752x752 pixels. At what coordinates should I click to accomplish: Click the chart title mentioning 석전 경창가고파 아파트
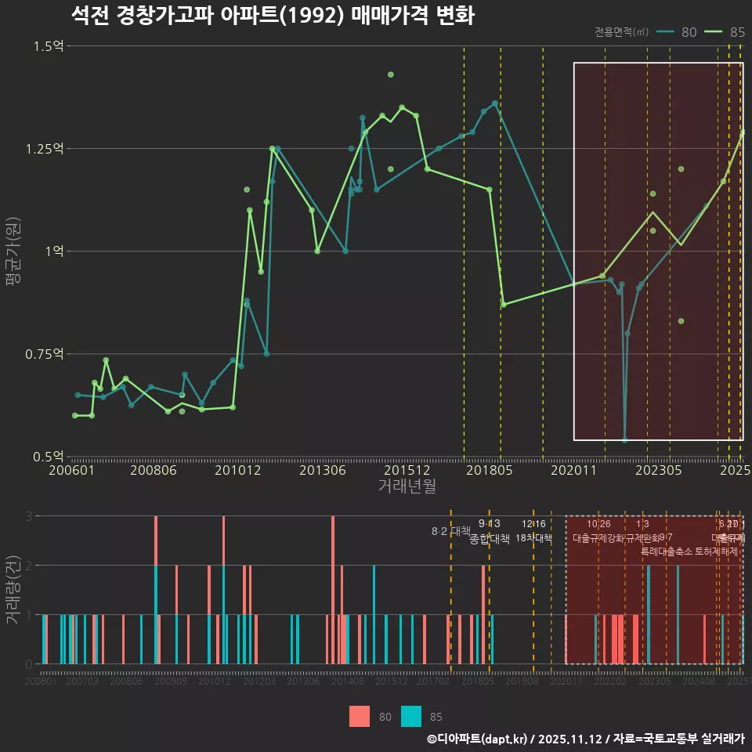click(x=272, y=16)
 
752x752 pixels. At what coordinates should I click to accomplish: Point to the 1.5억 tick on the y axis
click(x=49, y=46)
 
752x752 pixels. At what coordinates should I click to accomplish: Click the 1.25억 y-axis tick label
click(x=45, y=149)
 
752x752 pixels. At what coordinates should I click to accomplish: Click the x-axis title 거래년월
click(x=407, y=486)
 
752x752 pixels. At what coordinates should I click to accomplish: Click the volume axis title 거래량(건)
click(x=13, y=590)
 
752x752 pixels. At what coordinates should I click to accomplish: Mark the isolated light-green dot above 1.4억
click(x=391, y=74)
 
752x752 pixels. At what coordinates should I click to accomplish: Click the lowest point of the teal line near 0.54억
click(x=624, y=440)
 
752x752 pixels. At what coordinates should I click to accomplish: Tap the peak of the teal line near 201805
click(x=495, y=103)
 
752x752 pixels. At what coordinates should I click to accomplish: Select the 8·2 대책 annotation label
click(x=450, y=531)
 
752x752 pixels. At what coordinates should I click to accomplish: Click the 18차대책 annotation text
click(x=533, y=538)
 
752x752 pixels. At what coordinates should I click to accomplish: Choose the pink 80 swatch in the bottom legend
click(x=360, y=716)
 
